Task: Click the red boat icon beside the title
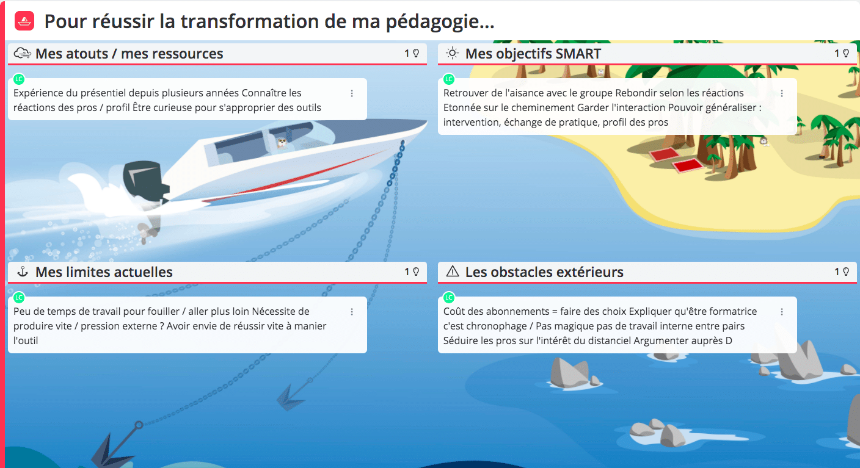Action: pyautogui.click(x=24, y=21)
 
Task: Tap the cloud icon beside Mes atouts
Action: pyautogui.click(x=22, y=53)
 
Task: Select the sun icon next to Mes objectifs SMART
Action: pyautogui.click(x=452, y=53)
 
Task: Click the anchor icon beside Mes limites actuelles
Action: pyautogui.click(x=23, y=272)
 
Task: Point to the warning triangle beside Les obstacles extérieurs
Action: pyautogui.click(x=453, y=272)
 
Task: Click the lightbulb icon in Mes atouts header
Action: pyautogui.click(x=416, y=53)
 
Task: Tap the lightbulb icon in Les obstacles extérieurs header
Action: pyautogui.click(x=846, y=272)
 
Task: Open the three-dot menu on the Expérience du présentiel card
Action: pyautogui.click(x=352, y=93)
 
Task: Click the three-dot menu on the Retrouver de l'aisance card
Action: pyautogui.click(x=782, y=93)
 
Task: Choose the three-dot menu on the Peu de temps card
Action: pyautogui.click(x=352, y=312)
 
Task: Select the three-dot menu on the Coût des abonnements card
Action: pyautogui.click(x=782, y=312)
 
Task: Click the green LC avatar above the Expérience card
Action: pyautogui.click(x=19, y=79)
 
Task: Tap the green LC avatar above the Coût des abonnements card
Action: pyautogui.click(x=449, y=297)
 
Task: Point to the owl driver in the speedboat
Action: pyautogui.click(x=282, y=143)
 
